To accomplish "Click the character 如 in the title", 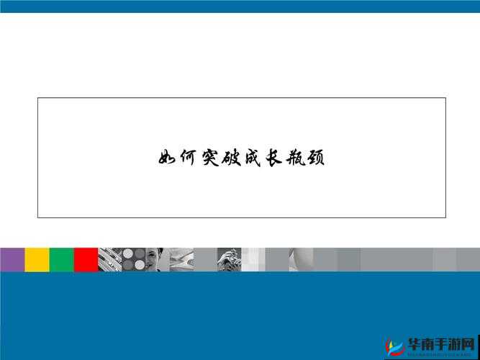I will [167, 158].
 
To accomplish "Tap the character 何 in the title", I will [188, 158].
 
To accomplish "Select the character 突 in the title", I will [209, 158].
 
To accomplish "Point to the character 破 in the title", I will [230, 158].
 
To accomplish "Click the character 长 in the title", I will [273, 158].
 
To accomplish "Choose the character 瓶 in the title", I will [294, 158].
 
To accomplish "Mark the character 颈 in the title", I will [315, 158].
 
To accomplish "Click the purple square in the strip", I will [12, 259].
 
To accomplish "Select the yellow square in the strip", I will [37, 259].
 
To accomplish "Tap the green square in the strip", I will [61, 259].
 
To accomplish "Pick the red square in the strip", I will [86, 259].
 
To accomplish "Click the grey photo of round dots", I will [133, 259].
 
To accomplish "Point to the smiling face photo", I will [157, 259].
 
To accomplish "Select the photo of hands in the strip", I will [229, 259].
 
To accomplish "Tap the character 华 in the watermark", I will [417, 343].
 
